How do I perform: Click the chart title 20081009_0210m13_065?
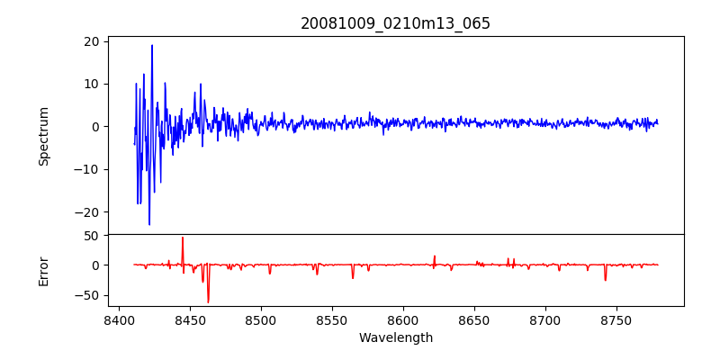(x=395, y=23)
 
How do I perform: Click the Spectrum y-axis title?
(x=43, y=136)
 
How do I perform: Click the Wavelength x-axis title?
(x=395, y=338)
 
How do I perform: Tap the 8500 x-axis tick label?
(x=260, y=319)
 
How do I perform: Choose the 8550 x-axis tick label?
(x=331, y=319)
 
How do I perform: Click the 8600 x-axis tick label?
(x=402, y=319)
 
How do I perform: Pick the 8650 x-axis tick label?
(x=473, y=319)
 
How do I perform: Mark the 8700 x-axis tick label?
(x=544, y=319)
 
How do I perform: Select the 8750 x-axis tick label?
(x=616, y=319)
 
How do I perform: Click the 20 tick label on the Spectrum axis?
(x=92, y=41)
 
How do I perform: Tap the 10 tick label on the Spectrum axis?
(x=92, y=84)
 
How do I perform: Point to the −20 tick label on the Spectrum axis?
(x=88, y=211)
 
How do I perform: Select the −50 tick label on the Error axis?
(x=88, y=295)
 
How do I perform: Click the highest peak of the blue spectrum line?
(x=152, y=45)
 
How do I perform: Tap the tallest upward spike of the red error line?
(x=183, y=238)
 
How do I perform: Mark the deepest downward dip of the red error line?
(x=208, y=302)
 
